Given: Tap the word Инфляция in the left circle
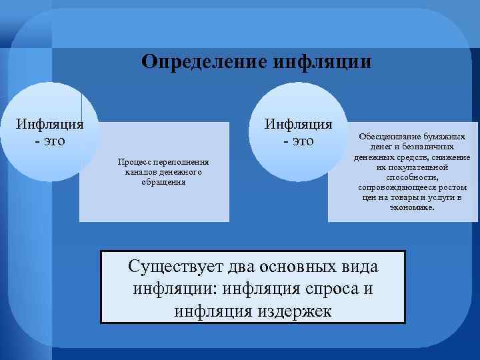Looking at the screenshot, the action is coord(50,124).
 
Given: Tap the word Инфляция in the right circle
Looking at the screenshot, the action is coord(299,124).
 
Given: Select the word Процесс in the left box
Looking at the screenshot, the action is coord(133,161).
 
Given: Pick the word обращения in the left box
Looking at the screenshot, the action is coord(163,182).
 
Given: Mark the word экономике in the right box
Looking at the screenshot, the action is coord(415,207).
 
